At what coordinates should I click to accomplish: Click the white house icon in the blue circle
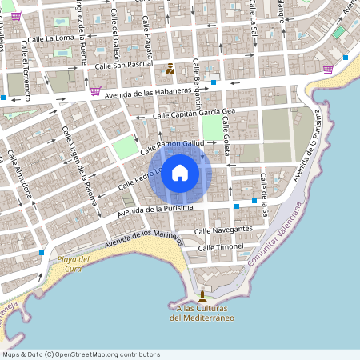tap(180, 172)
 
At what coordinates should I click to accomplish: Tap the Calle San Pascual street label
tap(123, 66)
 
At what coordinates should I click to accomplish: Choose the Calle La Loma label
tap(50, 37)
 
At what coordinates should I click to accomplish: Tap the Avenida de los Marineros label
tap(144, 238)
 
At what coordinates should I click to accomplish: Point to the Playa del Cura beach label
tap(74, 264)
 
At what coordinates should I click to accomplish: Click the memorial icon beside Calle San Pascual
tap(170, 70)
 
